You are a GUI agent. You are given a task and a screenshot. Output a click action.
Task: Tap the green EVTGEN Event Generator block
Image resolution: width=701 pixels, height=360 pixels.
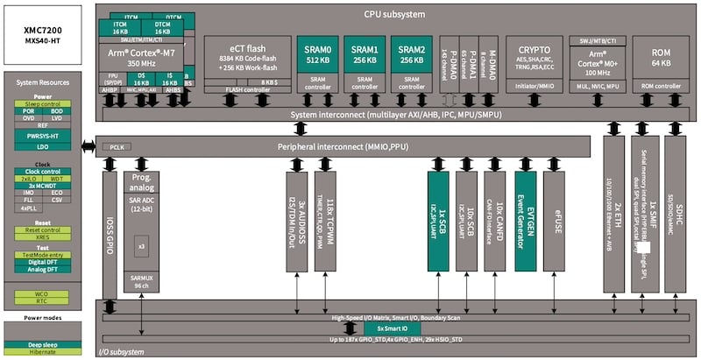pyautogui.click(x=525, y=218)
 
